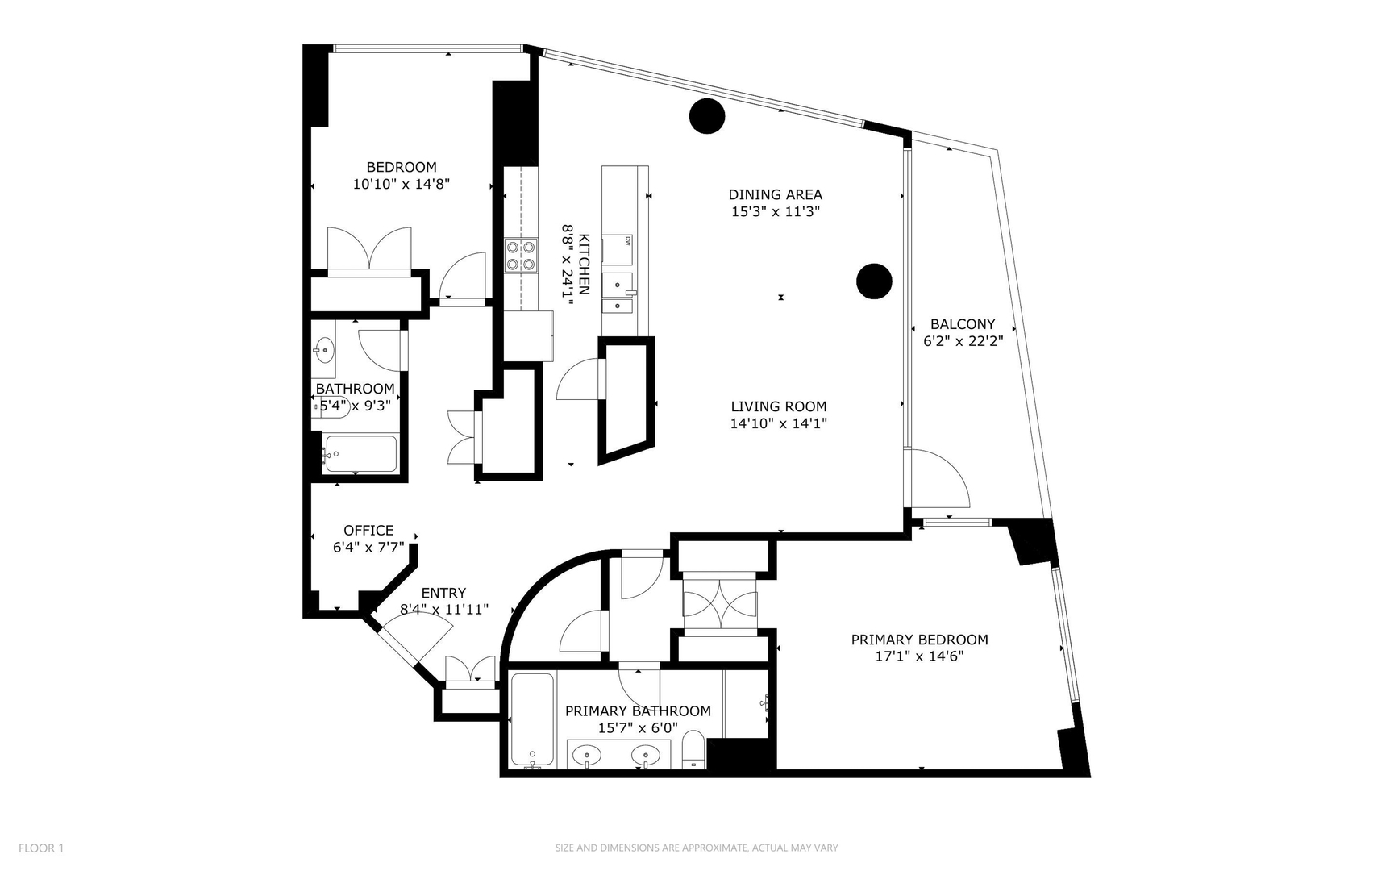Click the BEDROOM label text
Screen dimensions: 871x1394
(x=401, y=167)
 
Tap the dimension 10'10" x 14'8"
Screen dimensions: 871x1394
(x=401, y=184)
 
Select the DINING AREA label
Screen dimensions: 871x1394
(x=775, y=194)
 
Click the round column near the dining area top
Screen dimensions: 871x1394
(x=707, y=116)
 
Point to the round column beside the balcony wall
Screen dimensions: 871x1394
(x=874, y=281)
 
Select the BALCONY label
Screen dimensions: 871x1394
(x=963, y=324)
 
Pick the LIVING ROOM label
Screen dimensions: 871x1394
(x=778, y=406)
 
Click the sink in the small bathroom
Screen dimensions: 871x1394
(x=325, y=350)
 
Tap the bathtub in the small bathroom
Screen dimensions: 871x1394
(x=360, y=454)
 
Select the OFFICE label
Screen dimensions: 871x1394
(x=368, y=531)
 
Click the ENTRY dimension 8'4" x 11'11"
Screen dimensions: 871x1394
(x=444, y=610)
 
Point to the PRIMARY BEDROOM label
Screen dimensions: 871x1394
(x=919, y=640)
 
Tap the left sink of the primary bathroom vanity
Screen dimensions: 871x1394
(x=587, y=756)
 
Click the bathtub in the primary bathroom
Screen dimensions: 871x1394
(x=532, y=720)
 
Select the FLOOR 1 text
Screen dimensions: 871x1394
(x=41, y=848)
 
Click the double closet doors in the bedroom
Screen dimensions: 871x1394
(x=369, y=249)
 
